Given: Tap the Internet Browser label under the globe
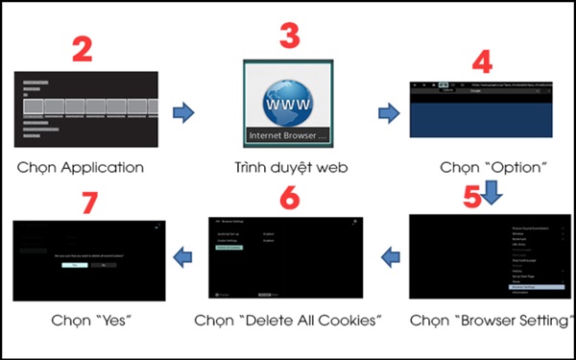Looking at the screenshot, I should click(x=286, y=135).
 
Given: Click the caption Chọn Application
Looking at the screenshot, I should click(x=81, y=167).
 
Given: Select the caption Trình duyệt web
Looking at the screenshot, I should click(x=286, y=167).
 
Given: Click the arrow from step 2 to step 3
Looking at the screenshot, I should click(x=182, y=113).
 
